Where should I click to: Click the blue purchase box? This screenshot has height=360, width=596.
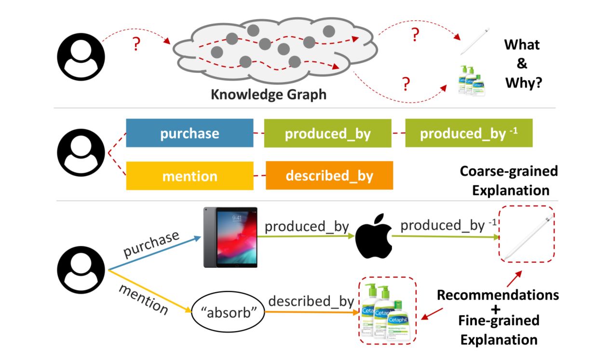pos(190,133)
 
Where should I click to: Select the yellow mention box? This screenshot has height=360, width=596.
pos(190,176)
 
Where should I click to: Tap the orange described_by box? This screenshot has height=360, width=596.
pos(329,176)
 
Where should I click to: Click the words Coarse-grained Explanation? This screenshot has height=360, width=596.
pos(508,180)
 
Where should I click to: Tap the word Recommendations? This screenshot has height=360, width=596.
pos(498,294)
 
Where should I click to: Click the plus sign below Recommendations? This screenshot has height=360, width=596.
pos(499,307)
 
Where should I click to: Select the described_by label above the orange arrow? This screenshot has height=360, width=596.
pos(311,301)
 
